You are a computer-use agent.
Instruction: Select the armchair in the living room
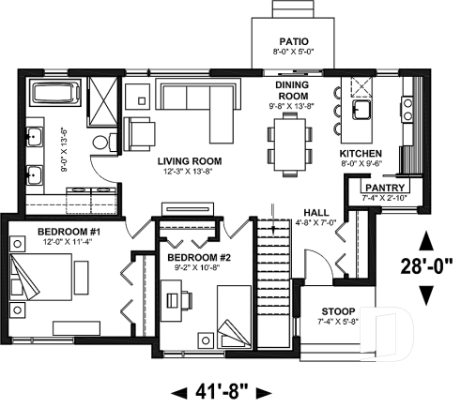[141, 133]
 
